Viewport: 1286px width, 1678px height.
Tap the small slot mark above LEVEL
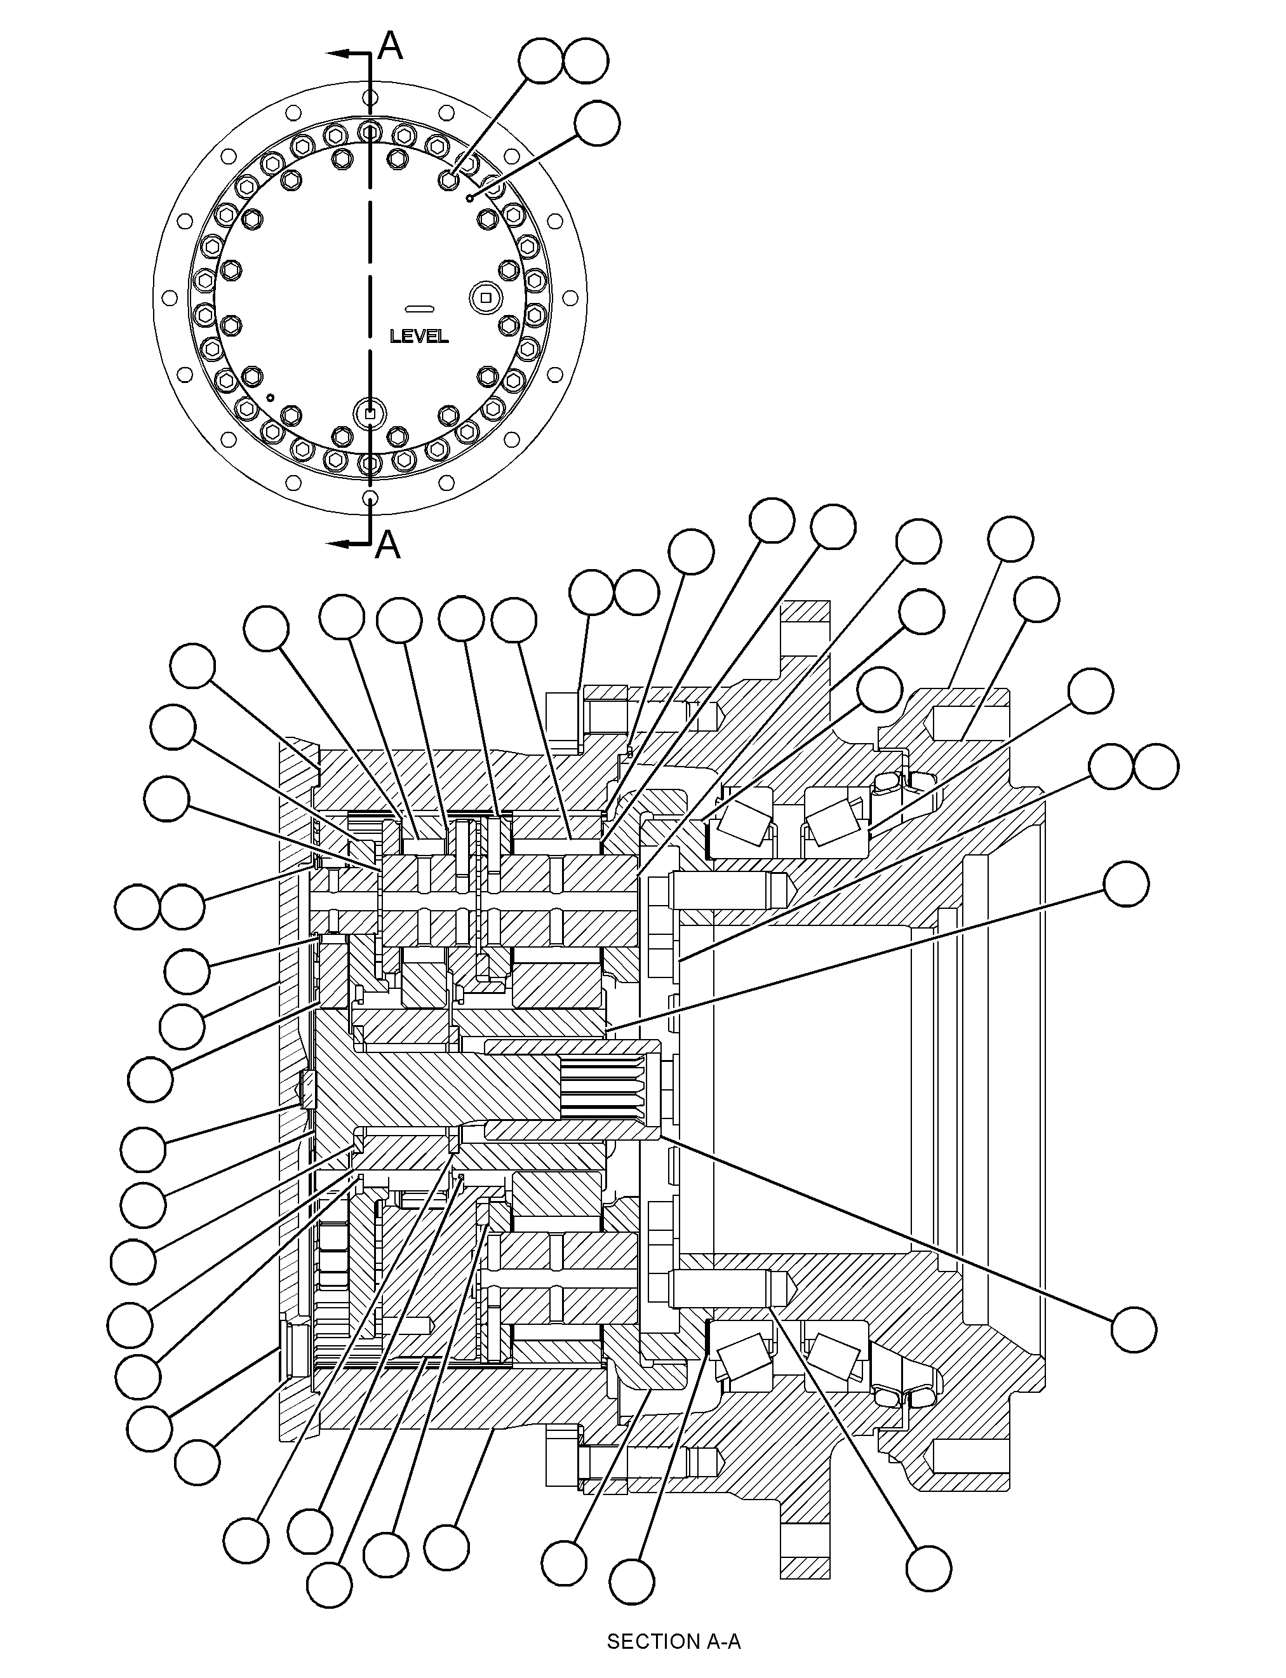[420, 309]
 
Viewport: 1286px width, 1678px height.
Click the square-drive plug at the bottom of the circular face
[370, 413]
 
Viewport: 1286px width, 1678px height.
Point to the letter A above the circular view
[391, 46]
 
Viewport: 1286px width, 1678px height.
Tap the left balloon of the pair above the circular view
[541, 60]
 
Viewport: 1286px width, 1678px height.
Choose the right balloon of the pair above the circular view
[586, 60]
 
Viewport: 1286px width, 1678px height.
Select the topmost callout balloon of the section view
[771, 521]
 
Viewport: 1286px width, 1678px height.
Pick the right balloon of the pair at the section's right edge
[1156, 766]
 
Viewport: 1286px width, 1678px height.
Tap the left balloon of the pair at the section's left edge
[138, 906]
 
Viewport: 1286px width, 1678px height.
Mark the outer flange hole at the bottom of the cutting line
[370, 499]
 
